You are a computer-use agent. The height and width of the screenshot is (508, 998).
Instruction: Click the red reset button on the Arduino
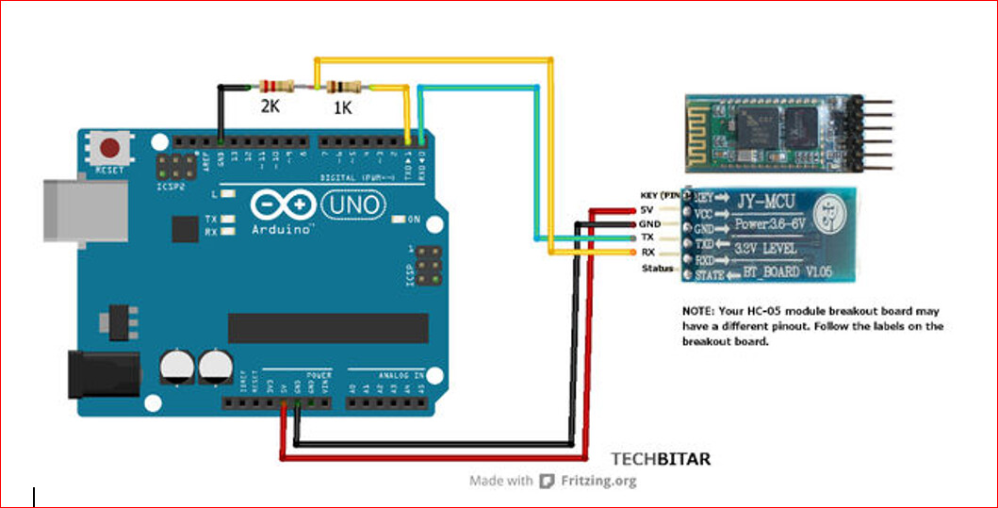pyautogui.click(x=111, y=149)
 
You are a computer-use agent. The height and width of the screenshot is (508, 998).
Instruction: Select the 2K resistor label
pyautogui.click(x=270, y=107)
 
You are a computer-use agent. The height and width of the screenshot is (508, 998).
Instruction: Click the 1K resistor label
pyautogui.click(x=342, y=108)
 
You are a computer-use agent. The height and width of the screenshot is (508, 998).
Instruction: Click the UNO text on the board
pyautogui.click(x=353, y=204)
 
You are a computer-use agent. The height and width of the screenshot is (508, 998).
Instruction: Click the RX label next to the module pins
pyautogui.click(x=649, y=253)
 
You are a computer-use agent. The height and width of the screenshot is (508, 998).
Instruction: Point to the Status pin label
pyautogui.click(x=658, y=269)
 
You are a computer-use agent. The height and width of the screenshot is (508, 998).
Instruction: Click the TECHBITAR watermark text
pyautogui.click(x=661, y=459)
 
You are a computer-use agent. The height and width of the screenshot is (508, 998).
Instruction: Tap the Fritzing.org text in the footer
pyautogui.click(x=598, y=481)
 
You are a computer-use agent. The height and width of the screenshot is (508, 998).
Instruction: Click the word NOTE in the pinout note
pyautogui.click(x=698, y=310)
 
